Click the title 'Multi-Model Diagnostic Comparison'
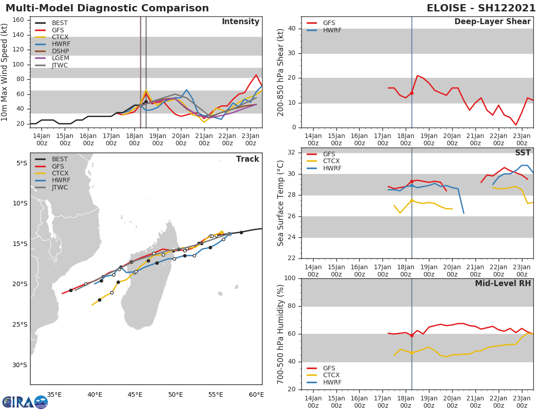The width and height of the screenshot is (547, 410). [x=107, y=8]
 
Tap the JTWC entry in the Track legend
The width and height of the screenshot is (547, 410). [x=60, y=188]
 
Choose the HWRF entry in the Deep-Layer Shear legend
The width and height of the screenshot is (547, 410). [x=332, y=31]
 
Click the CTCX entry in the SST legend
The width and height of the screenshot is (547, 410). [x=332, y=161]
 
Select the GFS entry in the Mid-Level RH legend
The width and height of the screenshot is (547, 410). [x=332, y=368]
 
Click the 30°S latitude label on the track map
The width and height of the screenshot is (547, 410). [x=20, y=365]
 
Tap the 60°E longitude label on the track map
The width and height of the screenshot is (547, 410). [x=257, y=395]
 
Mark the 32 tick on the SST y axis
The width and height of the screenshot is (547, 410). [x=291, y=153]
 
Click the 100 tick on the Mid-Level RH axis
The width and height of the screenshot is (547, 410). [x=289, y=278]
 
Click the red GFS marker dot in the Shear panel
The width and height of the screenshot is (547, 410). [x=412, y=93]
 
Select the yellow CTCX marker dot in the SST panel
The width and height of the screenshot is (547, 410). [x=412, y=200]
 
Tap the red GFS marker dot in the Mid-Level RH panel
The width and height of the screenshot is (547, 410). [x=412, y=335]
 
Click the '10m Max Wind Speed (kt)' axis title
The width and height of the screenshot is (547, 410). [x=5, y=72]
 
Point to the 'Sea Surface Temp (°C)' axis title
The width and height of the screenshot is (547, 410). [x=281, y=203]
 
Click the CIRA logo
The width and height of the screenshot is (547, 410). [x=25, y=402]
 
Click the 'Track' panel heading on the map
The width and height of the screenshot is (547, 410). [x=248, y=159]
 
